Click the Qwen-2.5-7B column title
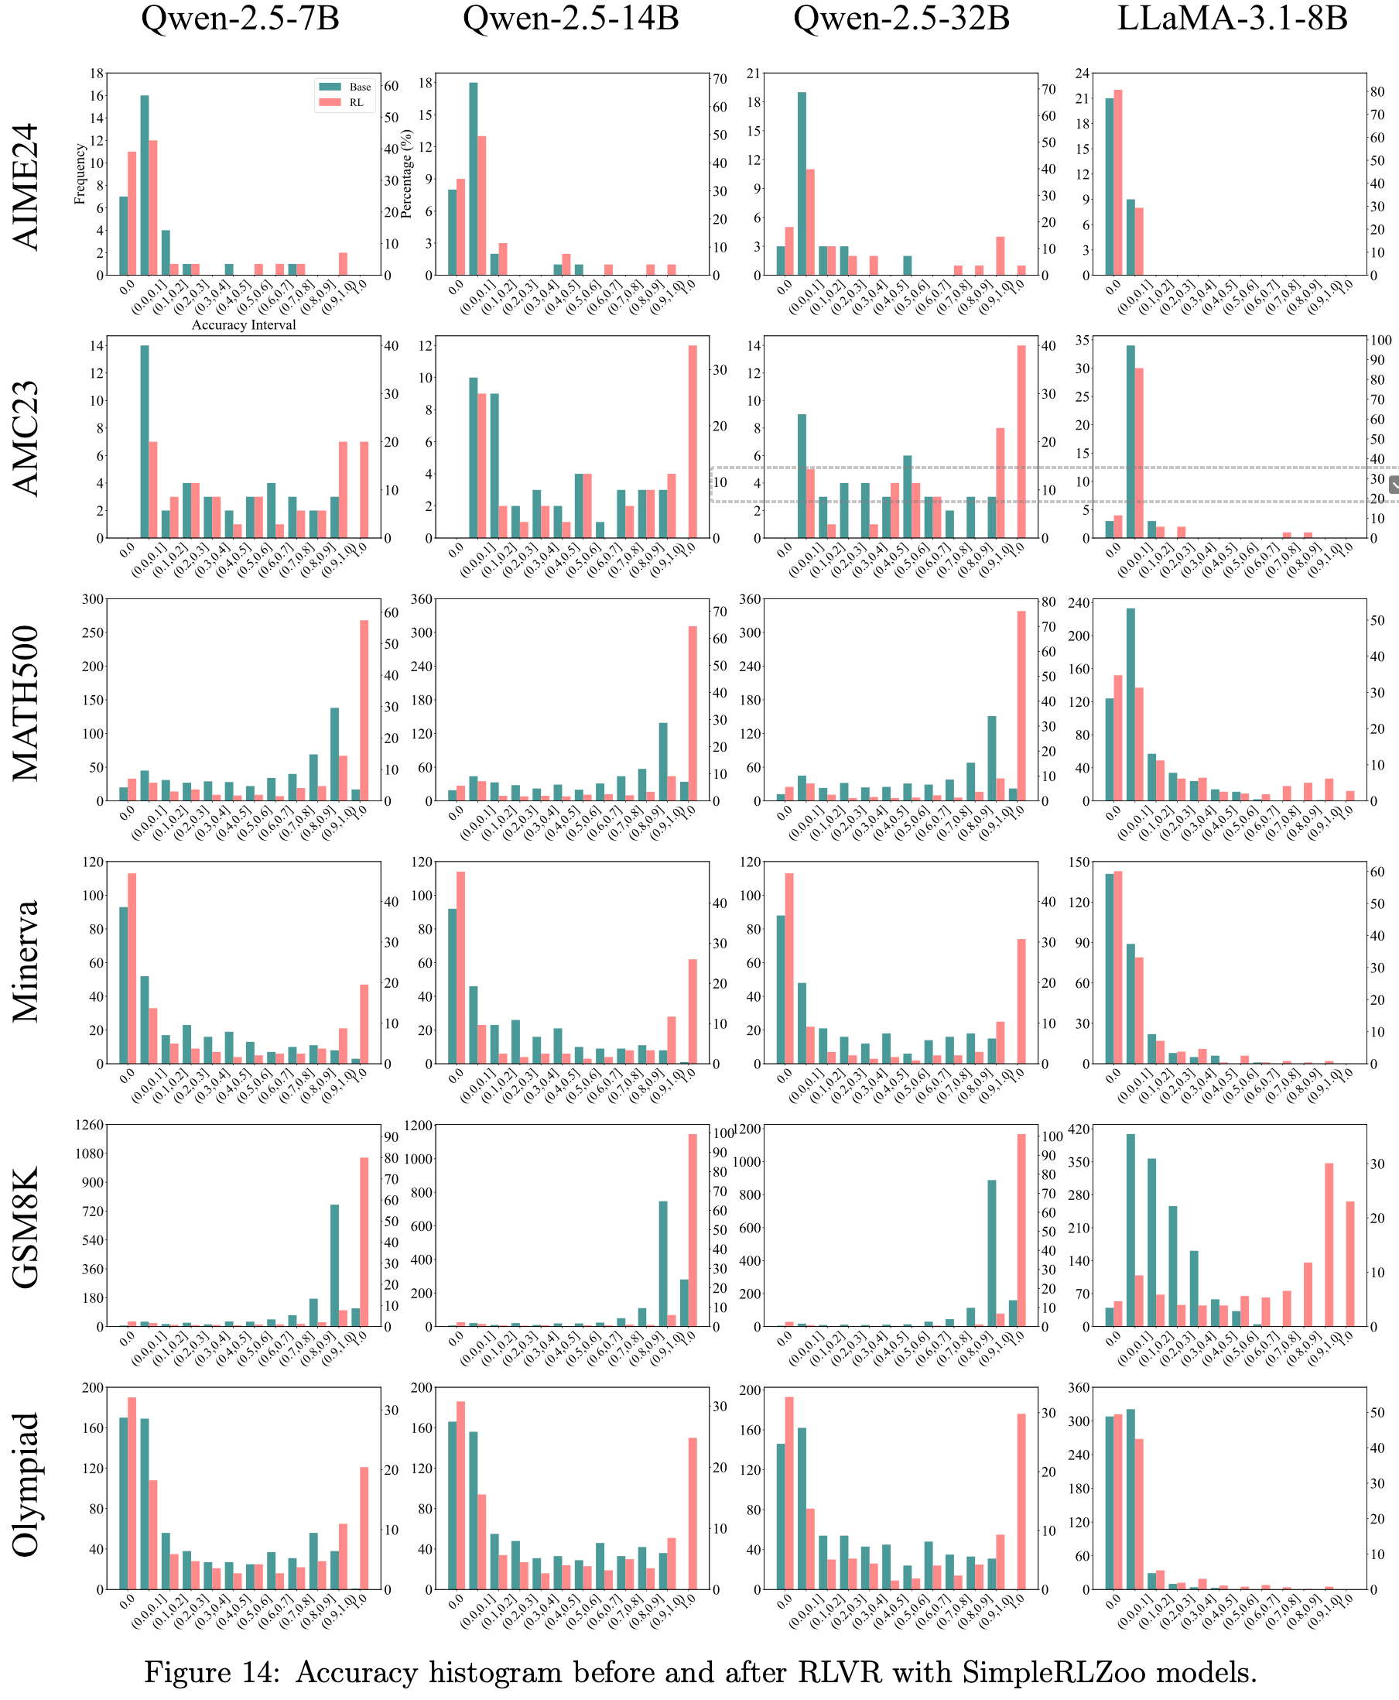pos(240,18)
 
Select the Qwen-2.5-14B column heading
pos(570,18)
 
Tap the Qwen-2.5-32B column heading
pos(901,18)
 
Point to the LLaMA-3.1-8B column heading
pos(1231,18)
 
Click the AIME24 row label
pos(26,187)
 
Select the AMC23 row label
pos(26,437)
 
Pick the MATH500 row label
pos(26,702)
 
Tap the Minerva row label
pos(26,961)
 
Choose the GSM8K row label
pos(26,1227)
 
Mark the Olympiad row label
pos(26,1484)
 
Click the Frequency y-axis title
pos(80,174)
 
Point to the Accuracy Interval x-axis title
pos(244,325)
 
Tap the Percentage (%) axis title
pos(406,174)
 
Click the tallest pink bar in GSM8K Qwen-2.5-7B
pos(364,1242)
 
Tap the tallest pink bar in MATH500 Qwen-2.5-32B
pos(1021,705)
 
